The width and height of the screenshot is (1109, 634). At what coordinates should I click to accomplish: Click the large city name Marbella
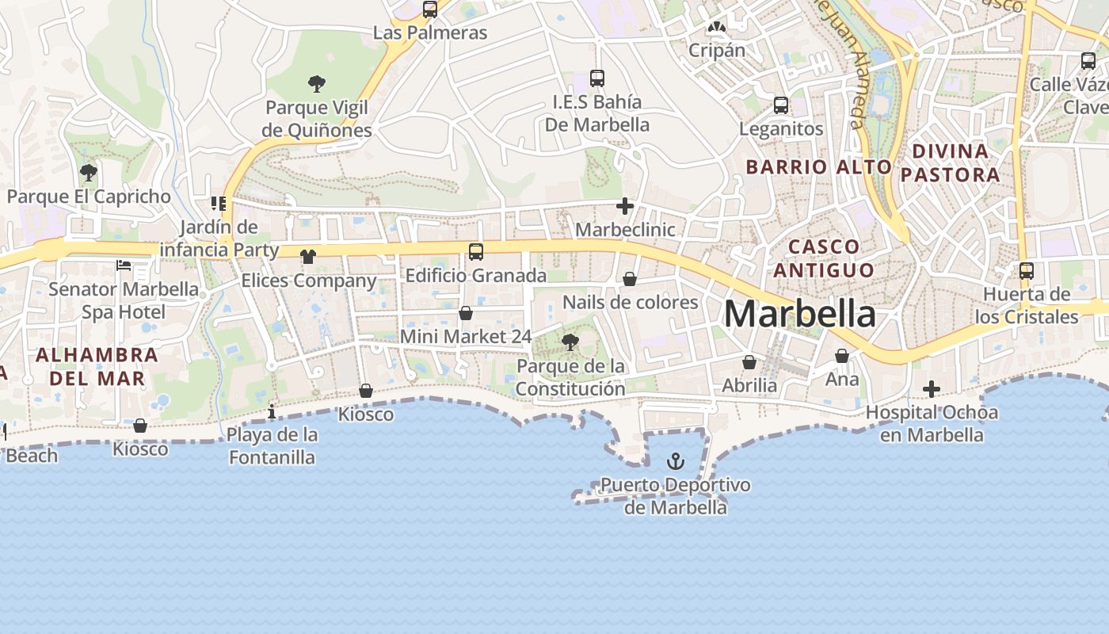coord(800,314)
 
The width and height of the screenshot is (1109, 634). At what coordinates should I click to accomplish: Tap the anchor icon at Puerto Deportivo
coord(676,460)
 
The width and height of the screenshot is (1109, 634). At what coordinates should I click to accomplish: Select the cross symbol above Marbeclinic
coord(625,207)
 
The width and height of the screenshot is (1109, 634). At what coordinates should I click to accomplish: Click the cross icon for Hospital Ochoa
coord(932,389)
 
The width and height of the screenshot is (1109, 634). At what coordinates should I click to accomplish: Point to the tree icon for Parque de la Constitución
coord(570,342)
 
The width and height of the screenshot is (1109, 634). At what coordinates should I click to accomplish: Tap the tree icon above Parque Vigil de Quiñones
coord(317,83)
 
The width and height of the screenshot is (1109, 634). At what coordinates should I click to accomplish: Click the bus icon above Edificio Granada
coord(476,252)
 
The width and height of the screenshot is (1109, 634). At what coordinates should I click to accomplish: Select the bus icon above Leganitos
coord(781,105)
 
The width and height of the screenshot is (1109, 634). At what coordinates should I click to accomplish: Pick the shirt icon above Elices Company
coord(308,257)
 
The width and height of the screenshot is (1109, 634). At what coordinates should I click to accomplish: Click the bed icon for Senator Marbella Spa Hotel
coord(124,265)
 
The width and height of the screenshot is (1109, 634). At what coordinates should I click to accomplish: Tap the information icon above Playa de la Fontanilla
coord(272,411)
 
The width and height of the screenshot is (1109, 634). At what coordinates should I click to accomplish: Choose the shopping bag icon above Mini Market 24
coord(466,313)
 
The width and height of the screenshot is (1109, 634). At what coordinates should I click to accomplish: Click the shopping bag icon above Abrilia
coord(749,362)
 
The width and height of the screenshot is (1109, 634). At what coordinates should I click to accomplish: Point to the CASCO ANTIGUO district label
coord(824,258)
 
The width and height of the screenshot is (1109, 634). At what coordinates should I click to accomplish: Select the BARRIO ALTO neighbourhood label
coord(819,167)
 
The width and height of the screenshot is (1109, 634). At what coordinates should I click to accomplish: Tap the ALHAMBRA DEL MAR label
coord(97,366)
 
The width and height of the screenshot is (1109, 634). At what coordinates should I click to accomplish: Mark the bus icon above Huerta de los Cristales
coord(1027,271)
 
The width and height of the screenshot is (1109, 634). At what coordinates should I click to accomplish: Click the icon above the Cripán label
coord(717,27)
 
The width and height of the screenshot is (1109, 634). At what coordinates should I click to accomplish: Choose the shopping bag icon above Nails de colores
coord(630,279)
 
